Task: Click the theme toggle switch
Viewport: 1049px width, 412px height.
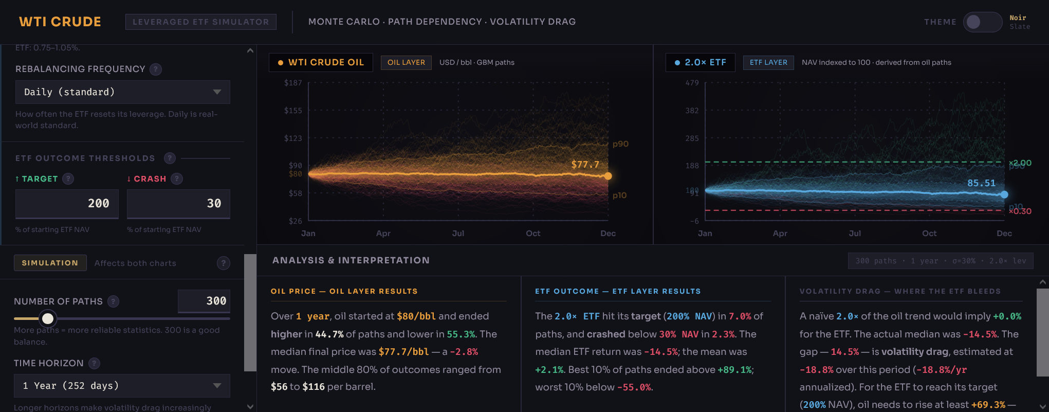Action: point(982,22)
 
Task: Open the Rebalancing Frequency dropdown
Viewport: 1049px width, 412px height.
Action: point(122,92)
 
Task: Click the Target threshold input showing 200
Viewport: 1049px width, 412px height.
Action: point(67,204)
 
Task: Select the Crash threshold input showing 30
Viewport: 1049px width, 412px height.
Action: point(178,204)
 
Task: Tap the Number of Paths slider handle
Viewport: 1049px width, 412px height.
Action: point(48,319)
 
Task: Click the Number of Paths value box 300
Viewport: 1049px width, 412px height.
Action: point(204,301)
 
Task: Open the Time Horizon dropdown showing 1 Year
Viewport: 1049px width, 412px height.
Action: point(122,386)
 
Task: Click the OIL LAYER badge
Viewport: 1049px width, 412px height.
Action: point(406,62)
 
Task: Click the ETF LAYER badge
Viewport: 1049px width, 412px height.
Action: point(768,62)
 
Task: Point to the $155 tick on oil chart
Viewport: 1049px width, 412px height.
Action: point(293,111)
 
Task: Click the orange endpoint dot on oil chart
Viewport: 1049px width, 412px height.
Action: point(608,176)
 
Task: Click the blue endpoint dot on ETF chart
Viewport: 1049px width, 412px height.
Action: point(1004,194)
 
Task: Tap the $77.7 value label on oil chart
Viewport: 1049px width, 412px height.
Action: point(585,165)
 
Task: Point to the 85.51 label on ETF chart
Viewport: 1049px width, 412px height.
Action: point(981,183)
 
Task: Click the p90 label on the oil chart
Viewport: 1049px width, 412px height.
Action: point(620,144)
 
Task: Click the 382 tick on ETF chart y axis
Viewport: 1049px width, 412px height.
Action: point(692,111)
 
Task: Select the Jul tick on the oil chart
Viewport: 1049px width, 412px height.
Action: point(458,234)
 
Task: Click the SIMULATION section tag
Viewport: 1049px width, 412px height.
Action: point(50,263)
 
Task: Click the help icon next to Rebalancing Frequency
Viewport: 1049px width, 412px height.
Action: point(156,69)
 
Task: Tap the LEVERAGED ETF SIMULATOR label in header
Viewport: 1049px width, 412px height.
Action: point(200,22)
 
